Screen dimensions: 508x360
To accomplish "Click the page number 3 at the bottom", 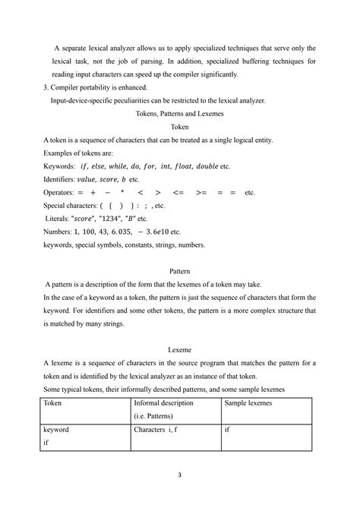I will click(x=180, y=476).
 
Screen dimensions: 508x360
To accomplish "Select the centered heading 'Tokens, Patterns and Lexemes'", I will click(x=180, y=113).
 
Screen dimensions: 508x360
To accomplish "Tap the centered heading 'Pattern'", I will click(x=180, y=270).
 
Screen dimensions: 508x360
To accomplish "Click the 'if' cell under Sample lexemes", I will click(x=227, y=430).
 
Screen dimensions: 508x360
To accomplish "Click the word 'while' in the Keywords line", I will click(x=118, y=166).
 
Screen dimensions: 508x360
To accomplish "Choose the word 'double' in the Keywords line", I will click(x=204, y=166).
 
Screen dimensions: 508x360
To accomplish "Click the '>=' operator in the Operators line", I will click(x=201, y=193).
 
